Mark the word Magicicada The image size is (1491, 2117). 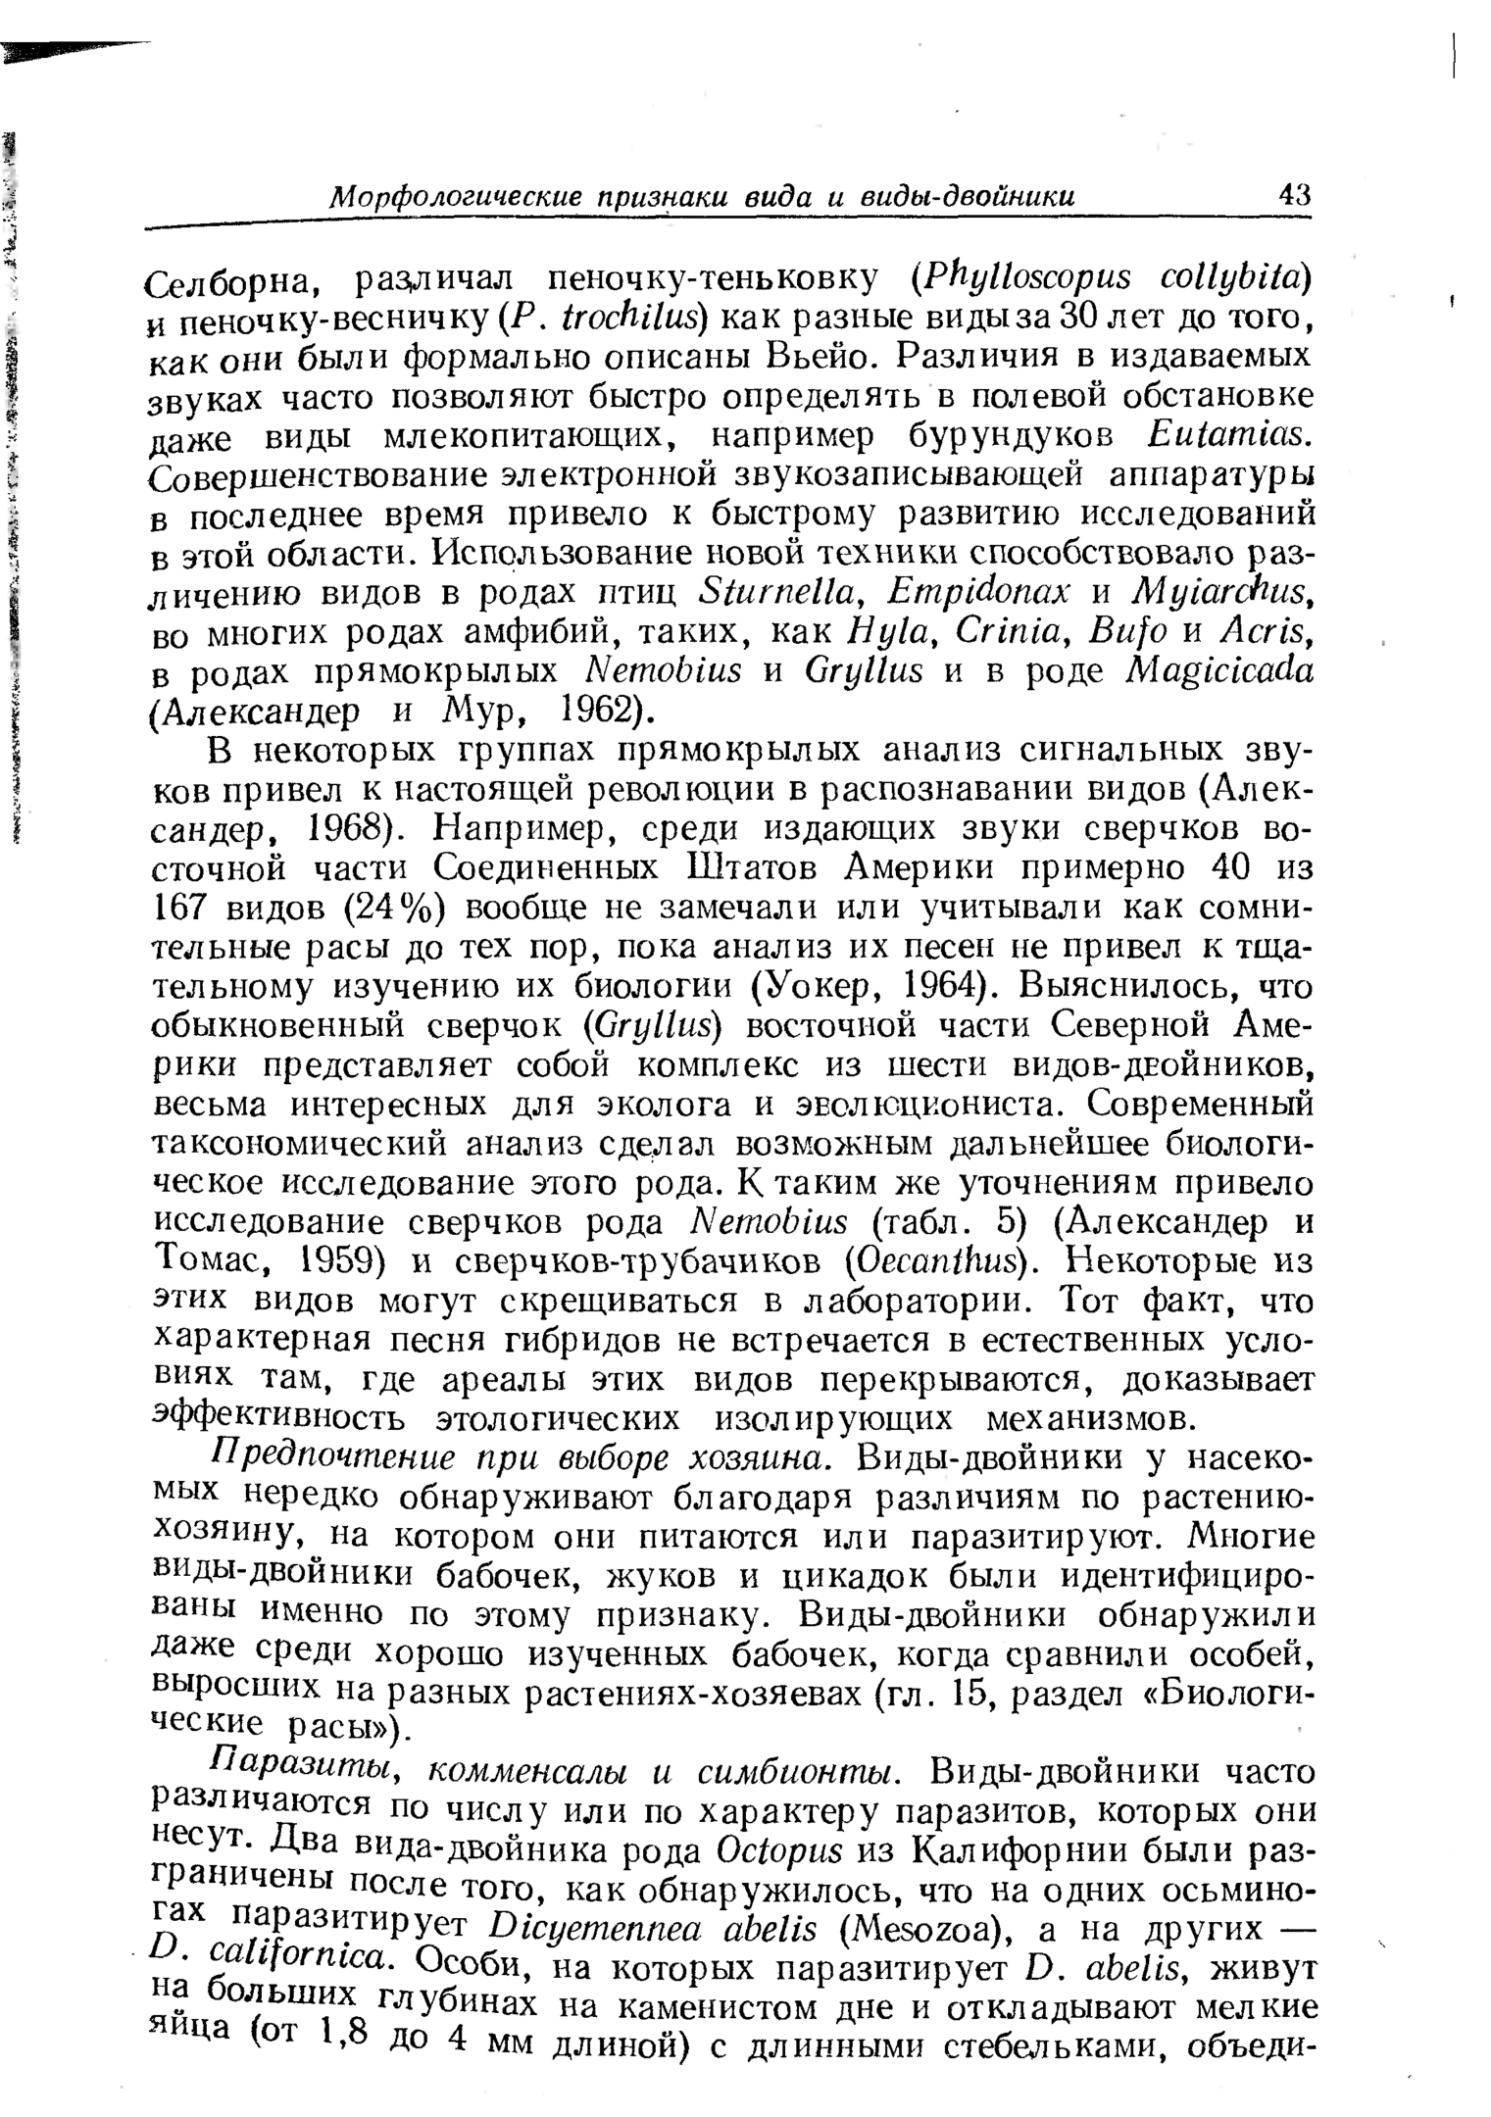click(x=1215, y=670)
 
